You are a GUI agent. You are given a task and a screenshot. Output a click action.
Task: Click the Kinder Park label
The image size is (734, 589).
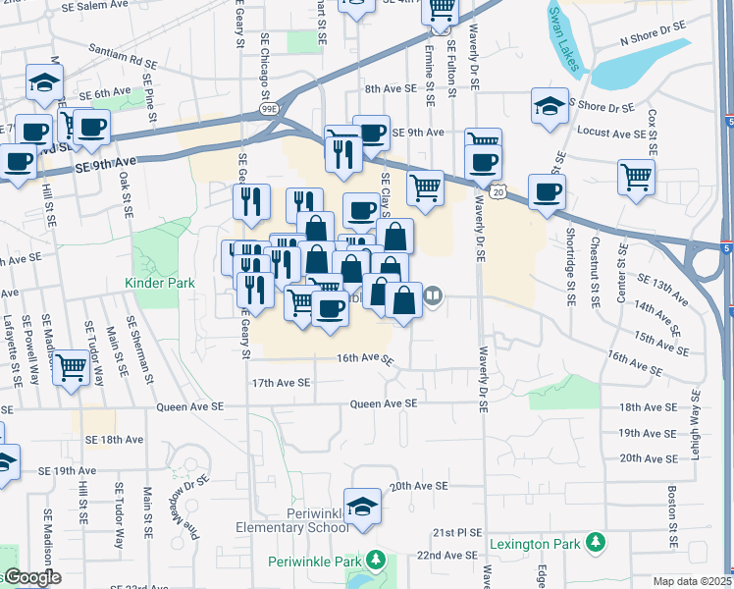pyautogui.click(x=159, y=283)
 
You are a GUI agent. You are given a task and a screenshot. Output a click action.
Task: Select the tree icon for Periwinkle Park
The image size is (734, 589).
pyautogui.click(x=375, y=561)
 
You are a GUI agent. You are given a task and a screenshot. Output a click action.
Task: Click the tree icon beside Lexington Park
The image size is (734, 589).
pyautogui.click(x=594, y=542)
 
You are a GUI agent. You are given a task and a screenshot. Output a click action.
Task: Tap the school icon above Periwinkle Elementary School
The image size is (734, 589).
pyautogui.click(x=363, y=505)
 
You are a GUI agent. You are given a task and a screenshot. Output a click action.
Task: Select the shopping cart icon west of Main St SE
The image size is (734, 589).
pyautogui.click(x=72, y=368)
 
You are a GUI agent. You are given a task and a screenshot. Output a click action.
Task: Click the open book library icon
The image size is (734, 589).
pyautogui.click(x=433, y=294)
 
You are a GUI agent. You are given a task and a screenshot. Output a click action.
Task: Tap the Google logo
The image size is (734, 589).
pyautogui.click(x=31, y=578)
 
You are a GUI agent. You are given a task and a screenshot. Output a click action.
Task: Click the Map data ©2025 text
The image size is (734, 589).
pyautogui.click(x=693, y=581)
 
